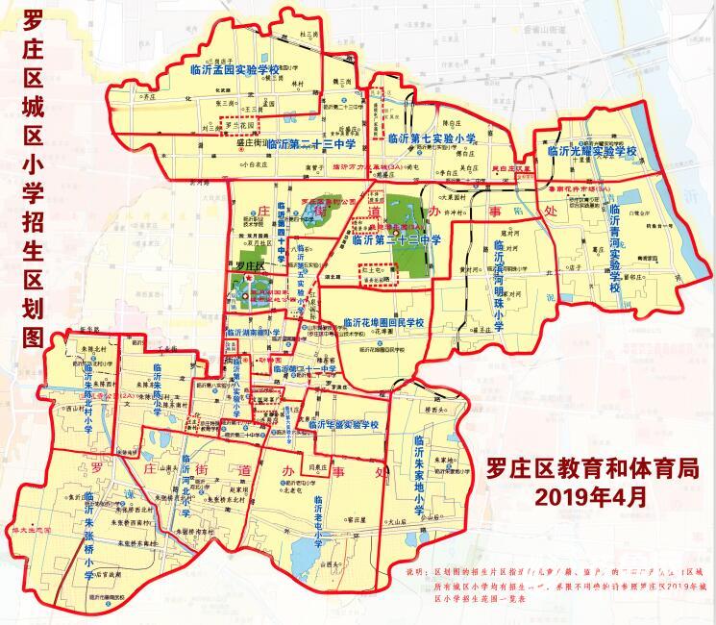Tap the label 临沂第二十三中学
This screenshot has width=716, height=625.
click(x=312, y=143)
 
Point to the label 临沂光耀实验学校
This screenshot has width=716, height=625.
click(x=592, y=151)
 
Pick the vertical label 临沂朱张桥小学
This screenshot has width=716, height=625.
click(x=88, y=535)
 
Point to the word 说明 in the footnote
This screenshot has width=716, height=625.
click(x=421, y=571)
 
